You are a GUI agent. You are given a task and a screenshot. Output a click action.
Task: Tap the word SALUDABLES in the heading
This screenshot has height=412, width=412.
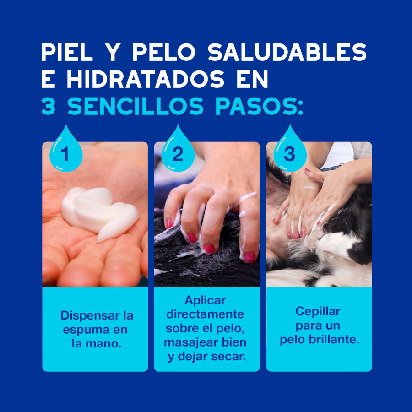(287, 53)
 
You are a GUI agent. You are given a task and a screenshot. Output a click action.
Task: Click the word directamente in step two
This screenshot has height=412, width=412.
(205, 314)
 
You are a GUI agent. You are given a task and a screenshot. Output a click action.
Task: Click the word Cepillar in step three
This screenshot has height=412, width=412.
(318, 312)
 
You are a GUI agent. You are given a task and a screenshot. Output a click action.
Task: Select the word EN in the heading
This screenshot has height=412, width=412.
(253, 80)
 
